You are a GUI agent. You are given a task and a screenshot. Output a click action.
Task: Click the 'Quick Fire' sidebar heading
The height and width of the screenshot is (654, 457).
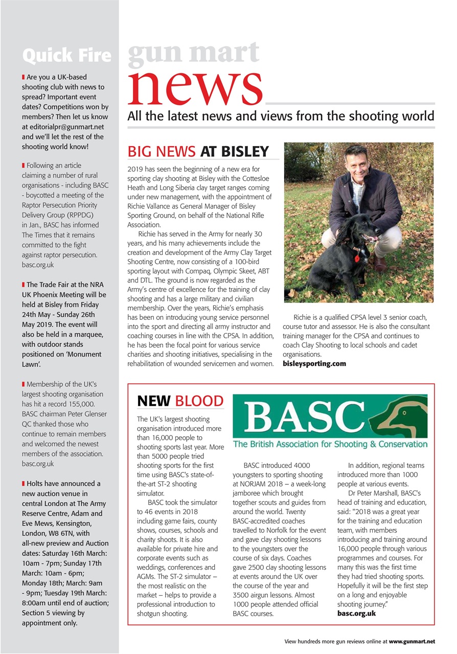[66, 56]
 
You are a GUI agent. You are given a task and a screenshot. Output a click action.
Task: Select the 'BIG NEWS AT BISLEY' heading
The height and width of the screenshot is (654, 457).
[198, 151]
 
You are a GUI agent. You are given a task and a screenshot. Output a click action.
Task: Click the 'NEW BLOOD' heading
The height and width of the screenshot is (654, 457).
[180, 401]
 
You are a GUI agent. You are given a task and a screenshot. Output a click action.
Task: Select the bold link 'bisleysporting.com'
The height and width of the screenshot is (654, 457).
[314, 364]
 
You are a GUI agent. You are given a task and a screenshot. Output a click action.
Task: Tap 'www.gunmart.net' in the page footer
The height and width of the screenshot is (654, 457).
[412, 641]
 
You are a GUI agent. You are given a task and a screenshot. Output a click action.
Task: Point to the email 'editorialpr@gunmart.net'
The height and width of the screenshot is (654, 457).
[63, 127]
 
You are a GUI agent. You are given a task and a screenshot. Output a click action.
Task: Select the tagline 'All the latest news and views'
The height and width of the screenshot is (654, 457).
[281, 116]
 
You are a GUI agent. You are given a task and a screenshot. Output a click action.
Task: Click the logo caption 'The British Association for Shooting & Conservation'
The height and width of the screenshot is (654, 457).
[330, 444]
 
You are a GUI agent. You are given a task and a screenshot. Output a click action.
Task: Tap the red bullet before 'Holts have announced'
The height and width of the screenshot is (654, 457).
[24, 483]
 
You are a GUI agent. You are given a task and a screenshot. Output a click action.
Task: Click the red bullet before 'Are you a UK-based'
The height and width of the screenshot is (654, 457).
[24, 77]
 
